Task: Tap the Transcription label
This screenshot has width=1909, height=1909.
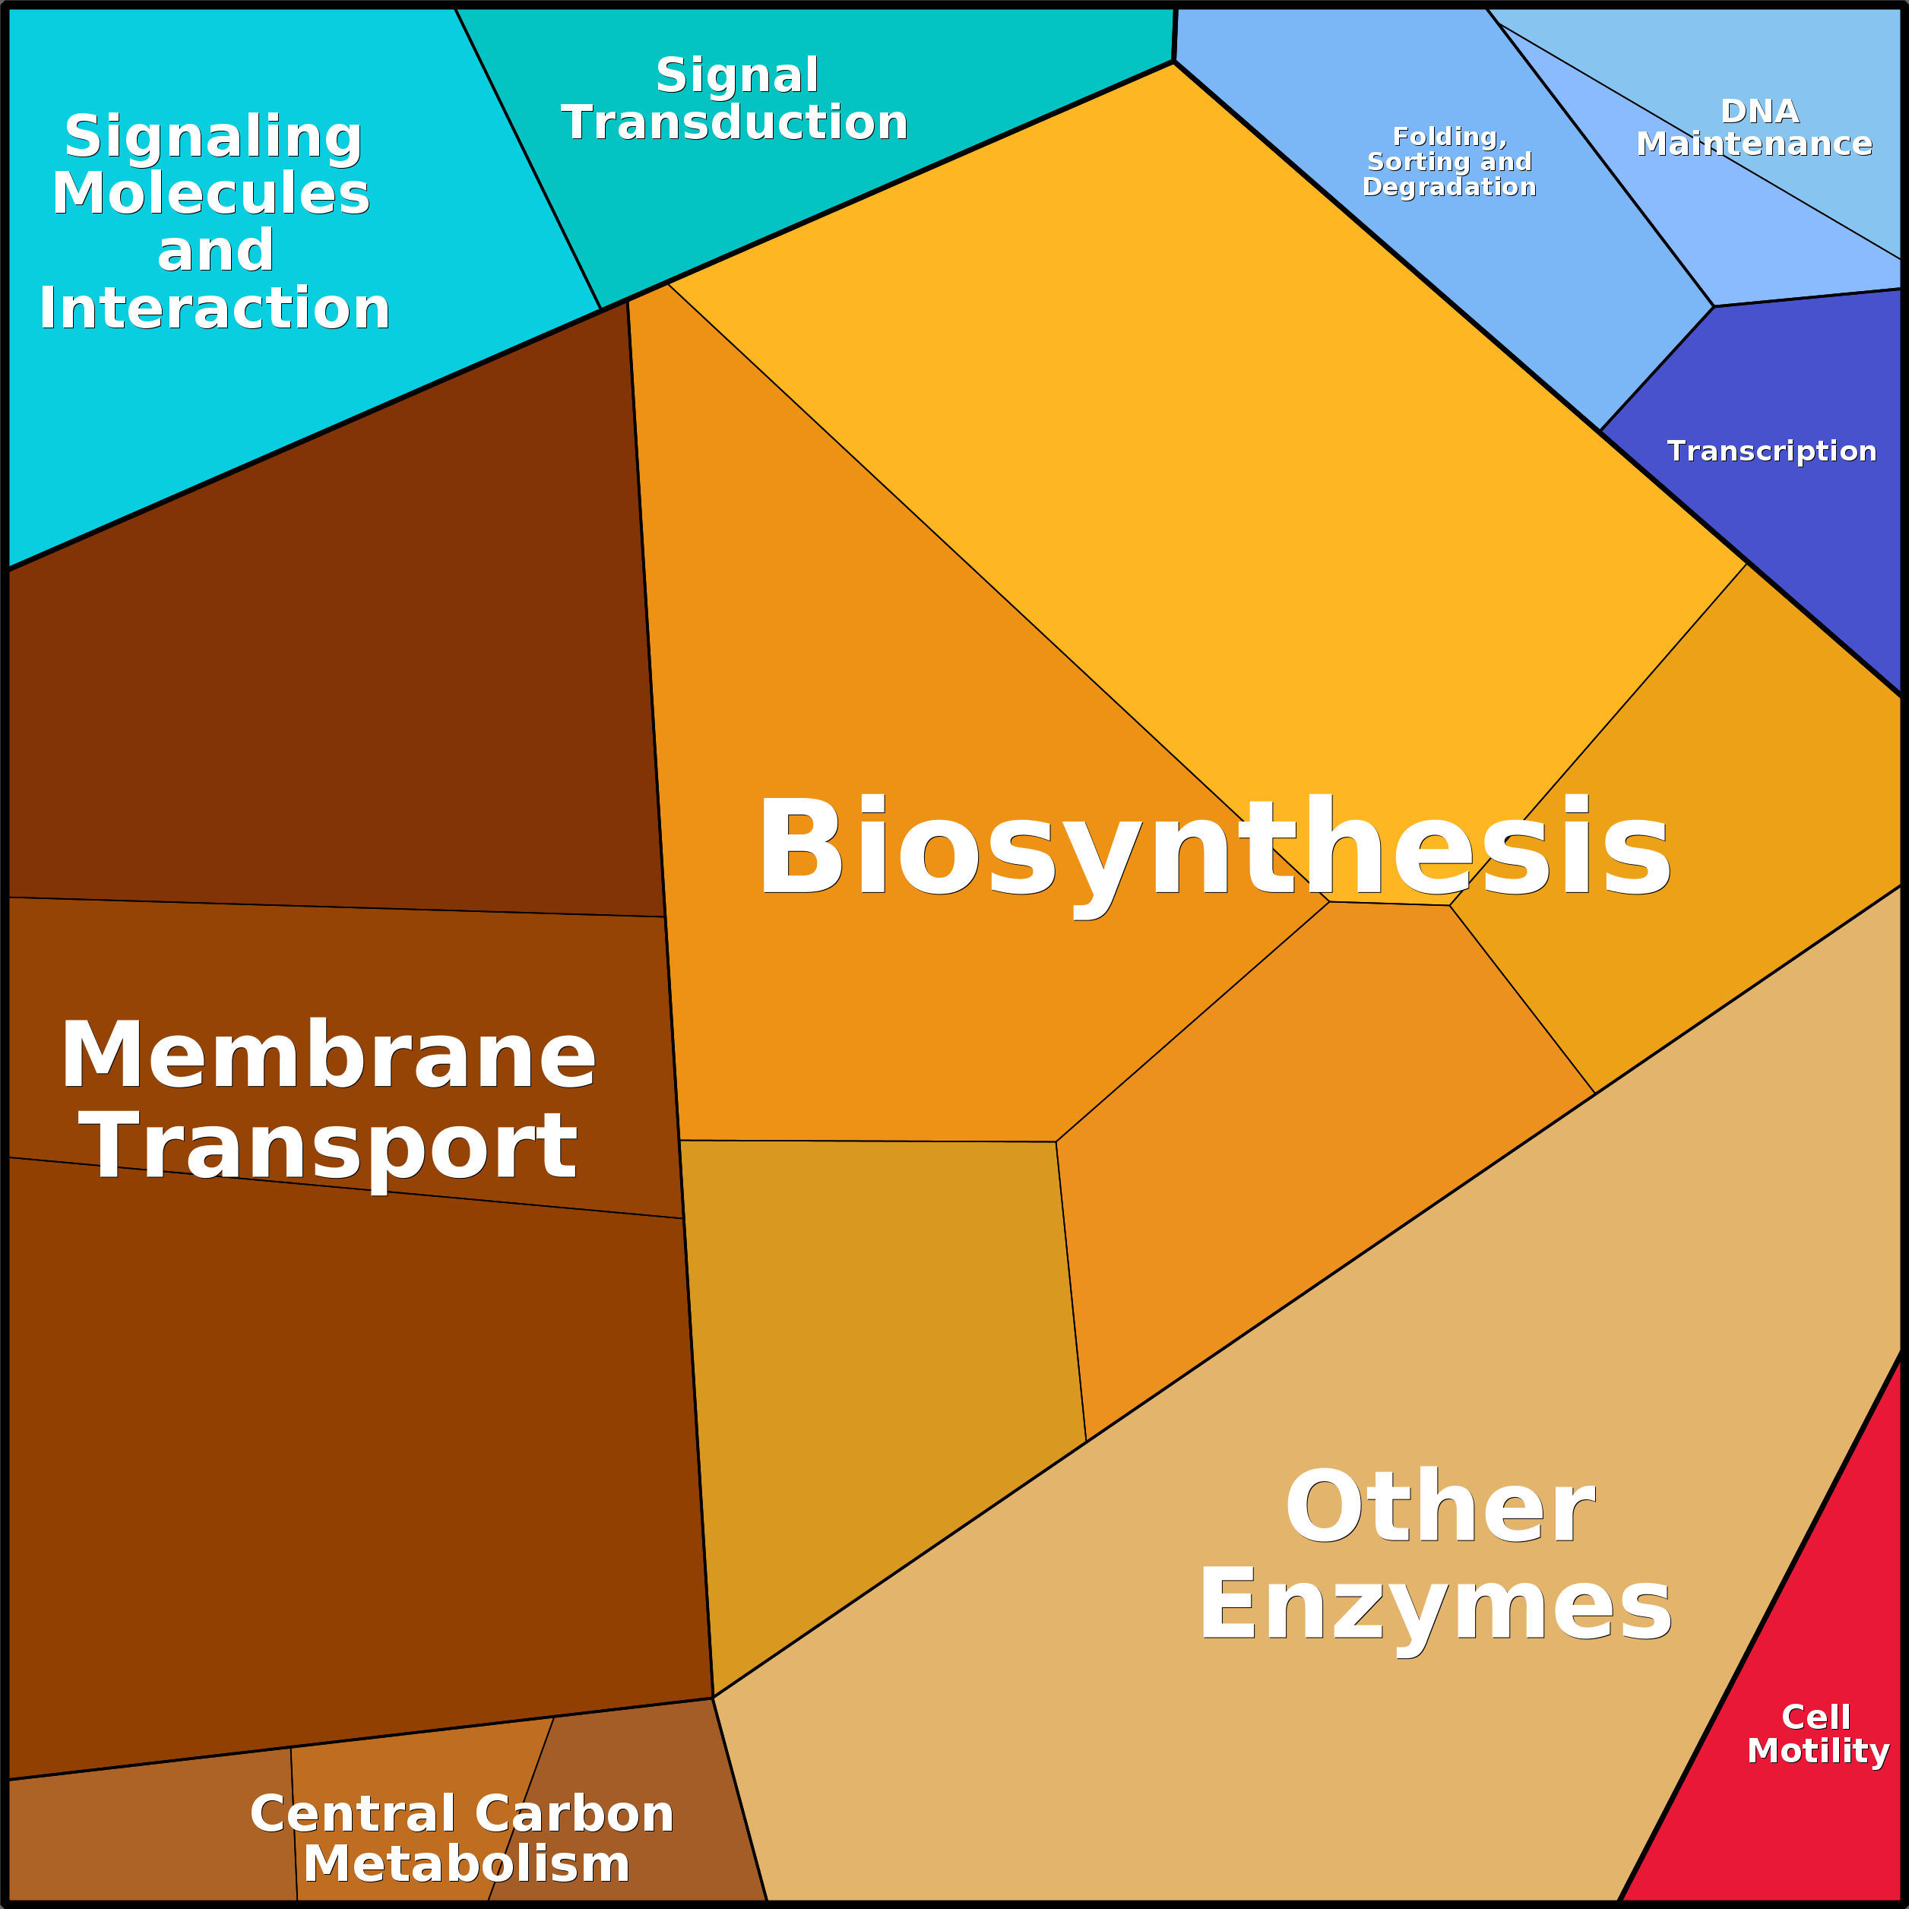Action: click(x=1771, y=451)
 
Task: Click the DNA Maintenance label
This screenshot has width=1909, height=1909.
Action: click(x=1755, y=128)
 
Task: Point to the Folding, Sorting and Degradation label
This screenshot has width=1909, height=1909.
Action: click(x=1449, y=162)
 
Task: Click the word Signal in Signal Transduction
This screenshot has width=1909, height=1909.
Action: click(x=737, y=76)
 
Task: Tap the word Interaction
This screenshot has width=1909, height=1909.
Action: click(x=214, y=309)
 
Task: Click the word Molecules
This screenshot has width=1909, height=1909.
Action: click(x=211, y=193)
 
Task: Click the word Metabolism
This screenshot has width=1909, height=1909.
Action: click(x=467, y=1864)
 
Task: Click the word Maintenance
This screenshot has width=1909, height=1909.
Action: click(x=1755, y=144)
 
